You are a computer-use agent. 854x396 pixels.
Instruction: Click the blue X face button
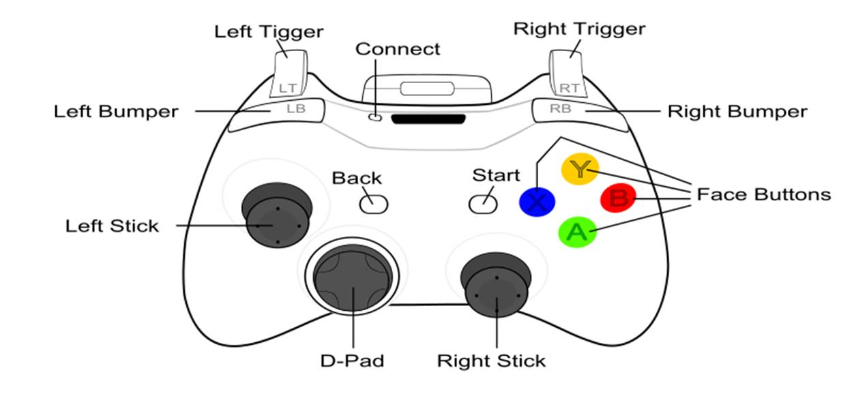tap(537, 202)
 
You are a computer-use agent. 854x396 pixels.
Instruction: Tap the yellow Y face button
tap(579, 168)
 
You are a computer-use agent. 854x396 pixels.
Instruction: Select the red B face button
tap(618, 199)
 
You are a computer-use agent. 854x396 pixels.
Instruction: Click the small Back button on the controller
tap(374, 203)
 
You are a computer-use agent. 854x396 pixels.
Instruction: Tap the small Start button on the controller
tap(482, 203)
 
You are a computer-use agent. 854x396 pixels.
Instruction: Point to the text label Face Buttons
tap(763, 195)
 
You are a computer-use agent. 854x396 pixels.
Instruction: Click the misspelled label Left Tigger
tap(269, 31)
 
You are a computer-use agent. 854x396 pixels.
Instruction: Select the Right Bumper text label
tap(737, 111)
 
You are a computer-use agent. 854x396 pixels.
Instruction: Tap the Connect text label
tap(398, 49)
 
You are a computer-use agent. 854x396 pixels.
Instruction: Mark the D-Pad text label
tap(352, 360)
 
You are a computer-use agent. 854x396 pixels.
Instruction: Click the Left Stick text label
tap(112, 226)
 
